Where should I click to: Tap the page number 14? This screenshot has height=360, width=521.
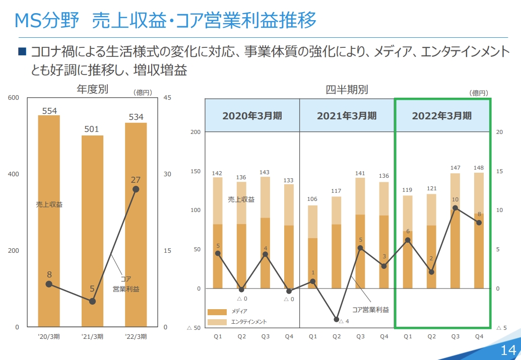(508, 350)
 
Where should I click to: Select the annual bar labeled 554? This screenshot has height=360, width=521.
(49, 222)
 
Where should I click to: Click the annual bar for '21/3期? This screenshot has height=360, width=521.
(92, 232)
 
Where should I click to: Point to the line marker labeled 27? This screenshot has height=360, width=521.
(136, 189)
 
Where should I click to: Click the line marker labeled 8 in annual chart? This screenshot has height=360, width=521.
(49, 284)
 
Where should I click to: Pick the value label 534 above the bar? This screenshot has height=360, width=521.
(136, 117)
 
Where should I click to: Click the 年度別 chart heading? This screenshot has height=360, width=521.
(92, 90)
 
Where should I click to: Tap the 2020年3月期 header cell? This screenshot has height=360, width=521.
(252, 115)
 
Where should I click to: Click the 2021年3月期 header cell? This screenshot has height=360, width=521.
(347, 115)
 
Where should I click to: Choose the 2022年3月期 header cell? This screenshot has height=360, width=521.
(442, 115)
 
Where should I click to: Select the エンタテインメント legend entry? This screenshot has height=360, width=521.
(237, 322)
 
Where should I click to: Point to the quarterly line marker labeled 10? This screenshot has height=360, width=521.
(455, 208)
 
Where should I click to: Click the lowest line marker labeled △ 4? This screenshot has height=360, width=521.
(337, 319)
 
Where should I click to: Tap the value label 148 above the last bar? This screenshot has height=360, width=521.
(479, 168)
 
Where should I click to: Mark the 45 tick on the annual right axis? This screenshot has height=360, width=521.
(168, 98)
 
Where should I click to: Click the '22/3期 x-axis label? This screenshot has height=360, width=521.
(136, 336)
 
